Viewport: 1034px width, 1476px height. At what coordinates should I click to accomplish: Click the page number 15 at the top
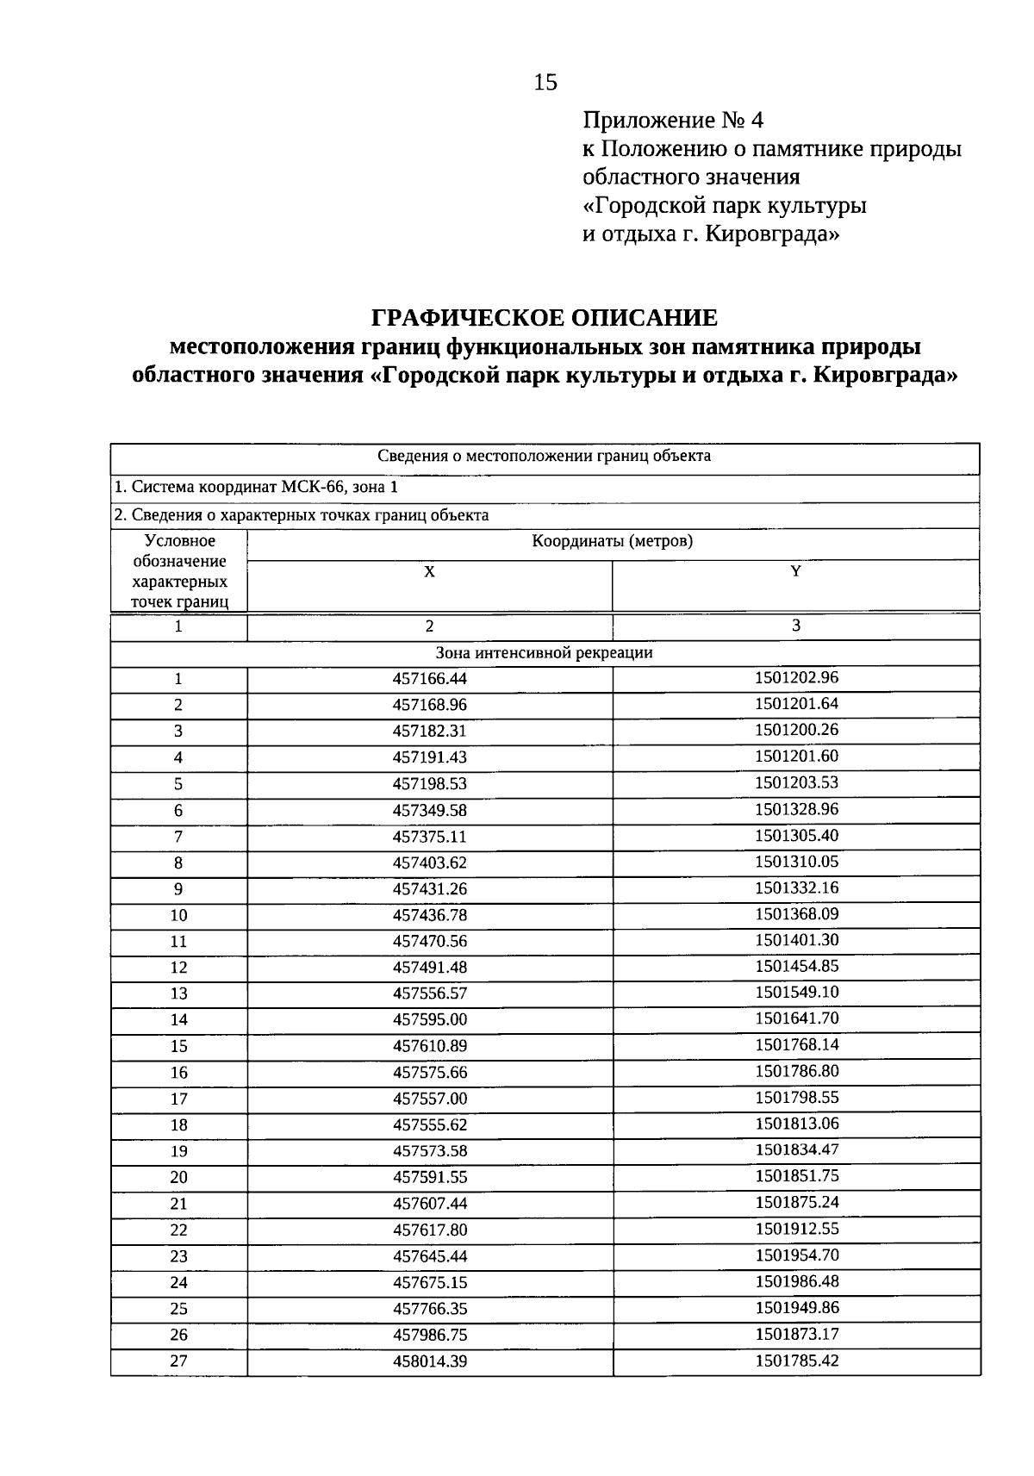[545, 83]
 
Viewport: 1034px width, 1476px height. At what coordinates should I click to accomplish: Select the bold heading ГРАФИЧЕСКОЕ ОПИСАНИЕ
[544, 318]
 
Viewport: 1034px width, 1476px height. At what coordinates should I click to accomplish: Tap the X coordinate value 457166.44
[429, 679]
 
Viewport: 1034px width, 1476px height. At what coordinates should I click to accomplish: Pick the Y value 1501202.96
[796, 677]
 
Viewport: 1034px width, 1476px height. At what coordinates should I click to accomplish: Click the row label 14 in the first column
[178, 1020]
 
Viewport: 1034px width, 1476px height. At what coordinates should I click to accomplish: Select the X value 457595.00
[429, 1020]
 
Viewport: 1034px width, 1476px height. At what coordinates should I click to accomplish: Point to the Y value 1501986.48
[796, 1281]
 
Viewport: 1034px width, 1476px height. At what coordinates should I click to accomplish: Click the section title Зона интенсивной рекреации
[544, 653]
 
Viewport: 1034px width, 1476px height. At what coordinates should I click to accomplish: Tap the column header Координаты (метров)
[612, 542]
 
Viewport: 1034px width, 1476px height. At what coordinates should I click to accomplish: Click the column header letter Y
[795, 571]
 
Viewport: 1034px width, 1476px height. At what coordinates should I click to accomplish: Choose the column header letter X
[429, 572]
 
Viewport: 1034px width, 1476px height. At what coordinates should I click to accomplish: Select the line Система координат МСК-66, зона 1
[257, 488]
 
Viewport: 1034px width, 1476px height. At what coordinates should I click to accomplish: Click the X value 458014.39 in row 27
[429, 1362]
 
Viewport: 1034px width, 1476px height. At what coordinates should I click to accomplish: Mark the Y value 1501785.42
[796, 1361]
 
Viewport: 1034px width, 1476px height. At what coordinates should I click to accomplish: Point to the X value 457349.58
[429, 811]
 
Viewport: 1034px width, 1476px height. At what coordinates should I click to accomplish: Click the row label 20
[178, 1178]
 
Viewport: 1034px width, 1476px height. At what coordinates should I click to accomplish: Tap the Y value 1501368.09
[796, 913]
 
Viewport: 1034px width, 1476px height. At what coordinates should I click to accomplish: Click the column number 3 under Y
[795, 626]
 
